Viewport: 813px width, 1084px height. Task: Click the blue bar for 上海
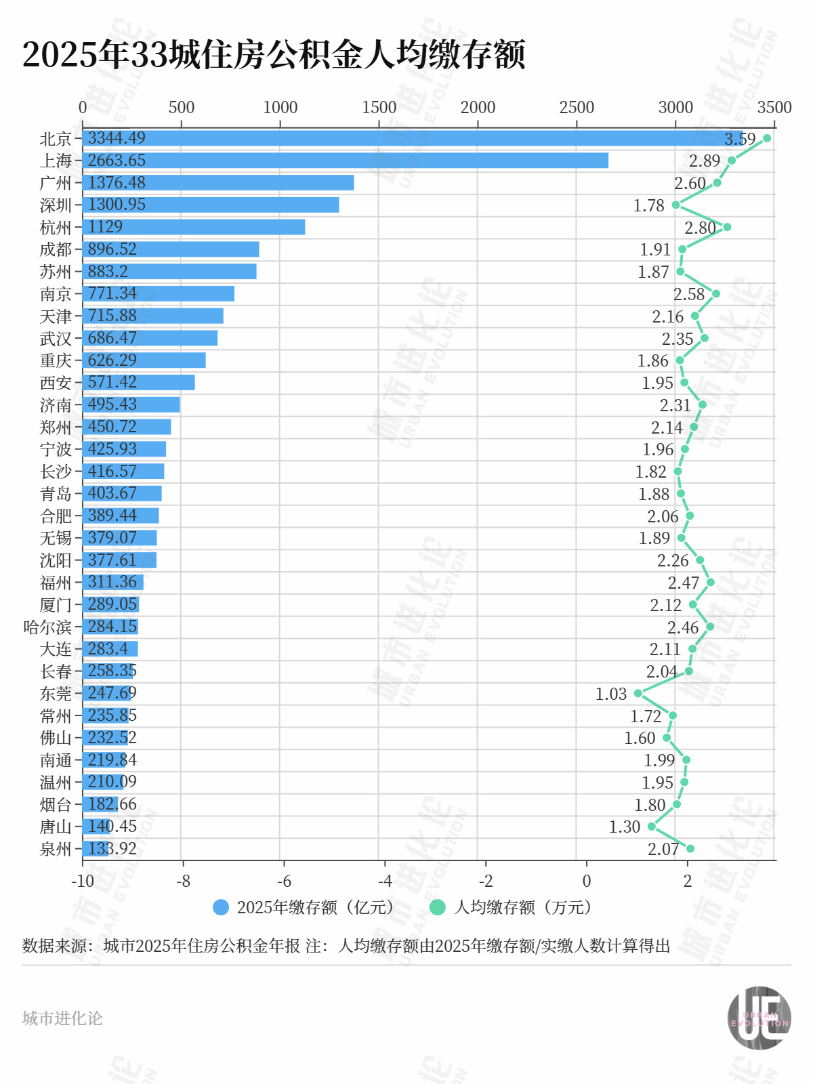point(346,161)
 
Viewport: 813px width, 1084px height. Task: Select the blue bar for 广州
point(218,183)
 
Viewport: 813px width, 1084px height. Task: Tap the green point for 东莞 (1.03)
point(638,693)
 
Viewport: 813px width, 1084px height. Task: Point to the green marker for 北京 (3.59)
point(767,138)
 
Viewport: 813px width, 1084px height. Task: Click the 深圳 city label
point(56,205)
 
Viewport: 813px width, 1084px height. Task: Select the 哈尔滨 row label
point(47,627)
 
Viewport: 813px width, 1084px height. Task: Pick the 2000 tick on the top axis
point(478,108)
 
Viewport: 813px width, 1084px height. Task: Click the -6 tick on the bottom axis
point(284,881)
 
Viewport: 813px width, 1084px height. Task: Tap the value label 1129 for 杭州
point(106,227)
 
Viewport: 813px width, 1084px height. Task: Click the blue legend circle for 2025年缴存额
point(221,907)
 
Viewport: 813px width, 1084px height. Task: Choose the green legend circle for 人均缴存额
point(438,907)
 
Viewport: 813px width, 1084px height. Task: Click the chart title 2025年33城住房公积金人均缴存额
point(274,55)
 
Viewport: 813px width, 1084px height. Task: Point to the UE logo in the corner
point(759,1018)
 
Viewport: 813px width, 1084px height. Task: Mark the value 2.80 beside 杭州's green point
point(700,228)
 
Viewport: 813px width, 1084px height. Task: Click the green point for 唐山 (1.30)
point(652,827)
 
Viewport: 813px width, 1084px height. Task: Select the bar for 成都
point(171,249)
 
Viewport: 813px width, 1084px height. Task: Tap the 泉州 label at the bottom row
point(56,849)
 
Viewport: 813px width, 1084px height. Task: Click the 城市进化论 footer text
point(62,1018)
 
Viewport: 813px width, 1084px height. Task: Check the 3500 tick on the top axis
point(774,108)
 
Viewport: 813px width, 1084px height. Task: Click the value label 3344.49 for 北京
point(117,138)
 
